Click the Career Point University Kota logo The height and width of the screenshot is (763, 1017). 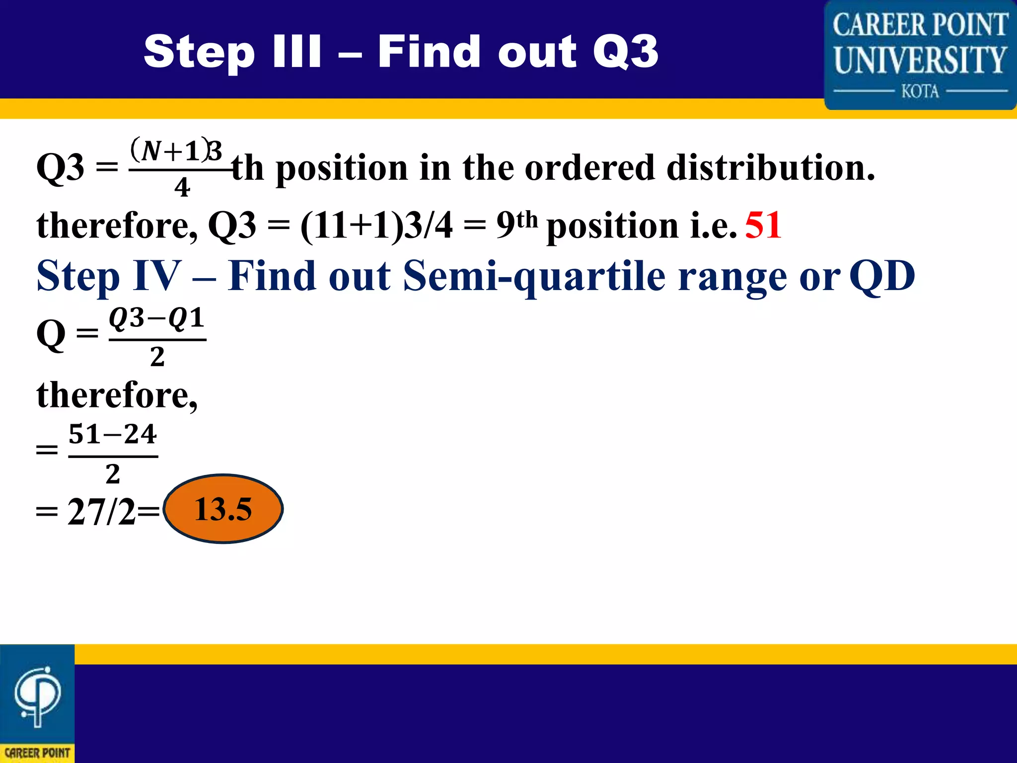coord(920,55)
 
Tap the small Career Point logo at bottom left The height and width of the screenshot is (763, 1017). coord(37,703)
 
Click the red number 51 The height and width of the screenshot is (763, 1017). coord(763,225)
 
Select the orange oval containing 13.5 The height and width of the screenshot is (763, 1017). coord(223,509)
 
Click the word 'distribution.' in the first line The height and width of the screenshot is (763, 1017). coord(770,167)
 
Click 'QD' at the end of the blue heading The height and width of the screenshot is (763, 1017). coord(882,276)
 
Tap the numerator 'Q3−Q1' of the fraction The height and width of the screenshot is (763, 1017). coord(157,318)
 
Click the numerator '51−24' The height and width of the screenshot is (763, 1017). coord(113,434)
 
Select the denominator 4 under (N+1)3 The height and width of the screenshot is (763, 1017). coord(182,188)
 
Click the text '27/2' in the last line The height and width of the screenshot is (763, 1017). coord(101,512)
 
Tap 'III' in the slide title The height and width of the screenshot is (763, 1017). coord(297,52)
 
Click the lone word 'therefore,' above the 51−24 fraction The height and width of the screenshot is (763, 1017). coord(117,395)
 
